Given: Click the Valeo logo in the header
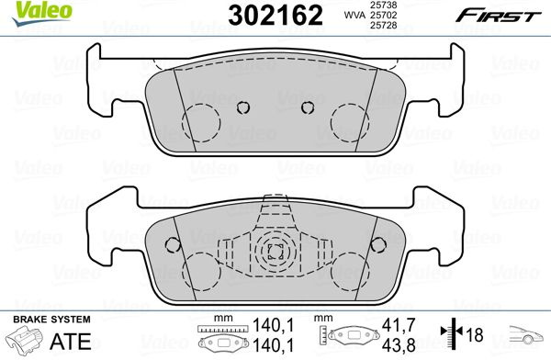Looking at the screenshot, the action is (x=42, y=14).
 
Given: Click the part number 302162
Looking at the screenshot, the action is (x=275, y=16).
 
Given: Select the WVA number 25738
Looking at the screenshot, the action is (x=383, y=5).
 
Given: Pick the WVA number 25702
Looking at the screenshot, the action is (x=383, y=15).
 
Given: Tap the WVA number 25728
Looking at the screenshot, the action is (x=383, y=25).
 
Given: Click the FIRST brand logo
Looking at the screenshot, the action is (x=499, y=16).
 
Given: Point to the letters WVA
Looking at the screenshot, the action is (x=354, y=15).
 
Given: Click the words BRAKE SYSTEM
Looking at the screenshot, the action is (x=51, y=320).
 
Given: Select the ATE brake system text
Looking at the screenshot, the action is (x=71, y=341).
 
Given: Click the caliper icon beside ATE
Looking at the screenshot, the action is (x=26, y=339).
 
